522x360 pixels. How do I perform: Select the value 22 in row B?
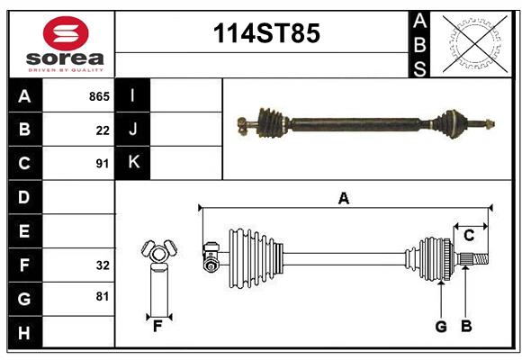click(x=103, y=130)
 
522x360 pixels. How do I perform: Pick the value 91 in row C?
click(x=103, y=164)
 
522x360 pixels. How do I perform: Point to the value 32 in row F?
click(x=103, y=265)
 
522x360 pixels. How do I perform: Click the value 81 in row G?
click(x=103, y=296)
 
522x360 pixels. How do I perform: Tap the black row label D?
click(x=24, y=197)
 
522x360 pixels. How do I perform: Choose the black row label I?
click(x=133, y=95)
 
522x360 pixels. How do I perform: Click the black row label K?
click(x=133, y=163)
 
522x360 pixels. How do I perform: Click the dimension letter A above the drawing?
click(x=343, y=199)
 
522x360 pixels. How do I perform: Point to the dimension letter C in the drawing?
click(x=469, y=236)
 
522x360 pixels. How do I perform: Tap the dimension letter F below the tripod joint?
click(x=157, y=327)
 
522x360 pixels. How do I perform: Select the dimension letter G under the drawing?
click(x=441, y=327)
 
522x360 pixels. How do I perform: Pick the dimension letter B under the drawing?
click(x=466, y=327)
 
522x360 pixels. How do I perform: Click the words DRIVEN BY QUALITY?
click(x=65, y=69)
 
